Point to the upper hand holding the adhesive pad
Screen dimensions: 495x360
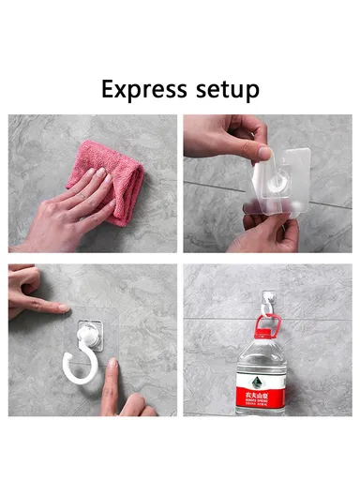(x=220, y=136)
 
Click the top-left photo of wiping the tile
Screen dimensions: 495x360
(x=92, y=183)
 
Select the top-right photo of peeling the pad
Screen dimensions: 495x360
(x=267, y=183)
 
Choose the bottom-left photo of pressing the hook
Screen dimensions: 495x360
(x=92, y=339)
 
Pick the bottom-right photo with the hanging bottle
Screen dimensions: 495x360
(x=267, y=339)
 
